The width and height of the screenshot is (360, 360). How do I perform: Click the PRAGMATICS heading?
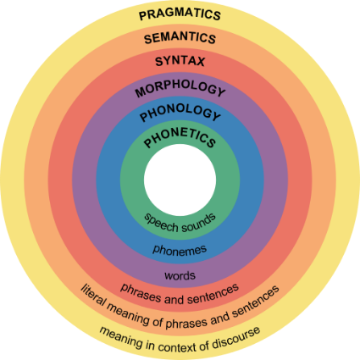click(x=180, y=14)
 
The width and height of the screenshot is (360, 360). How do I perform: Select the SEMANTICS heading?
click(x=180, y=38)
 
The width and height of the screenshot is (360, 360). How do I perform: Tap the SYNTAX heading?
click(x=180, y=61)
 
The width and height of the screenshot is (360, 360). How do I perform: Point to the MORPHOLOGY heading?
click(x=180, y=88)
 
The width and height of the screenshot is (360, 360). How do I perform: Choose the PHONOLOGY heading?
click(x=180, y=112)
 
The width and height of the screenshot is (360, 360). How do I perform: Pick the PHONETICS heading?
click(x=180, y=137)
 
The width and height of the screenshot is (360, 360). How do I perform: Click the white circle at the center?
click(x=180, y=180)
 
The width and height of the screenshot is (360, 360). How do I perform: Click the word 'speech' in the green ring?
click(x=161, y=223)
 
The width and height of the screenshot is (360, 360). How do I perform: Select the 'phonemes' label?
click(x=180, y=250)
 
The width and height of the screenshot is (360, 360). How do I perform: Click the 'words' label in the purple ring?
click(x=180, y=275)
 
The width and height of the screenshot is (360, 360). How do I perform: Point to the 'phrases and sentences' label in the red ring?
click(x=180, y=295)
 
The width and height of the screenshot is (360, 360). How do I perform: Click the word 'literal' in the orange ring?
click(x=94, y=296)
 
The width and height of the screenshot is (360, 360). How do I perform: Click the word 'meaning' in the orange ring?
click(x=129, y=314)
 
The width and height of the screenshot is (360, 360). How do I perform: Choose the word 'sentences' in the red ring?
click(x=213, y=294)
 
